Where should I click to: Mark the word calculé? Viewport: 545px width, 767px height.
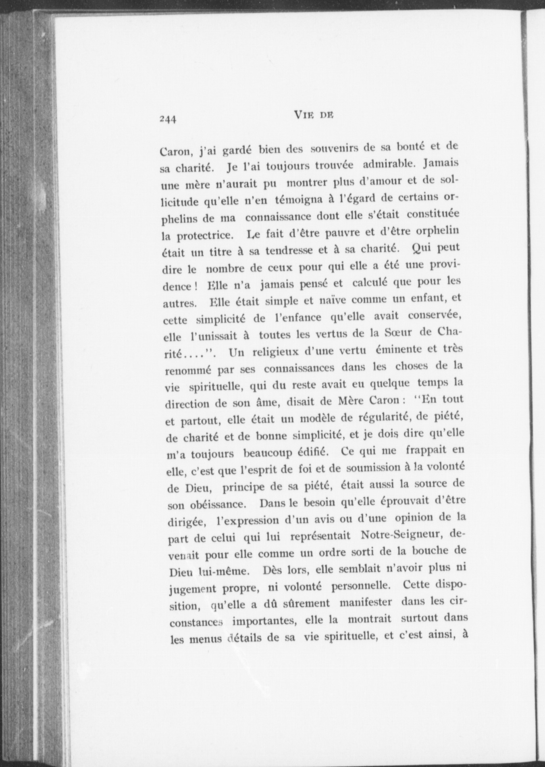point(370,282)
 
